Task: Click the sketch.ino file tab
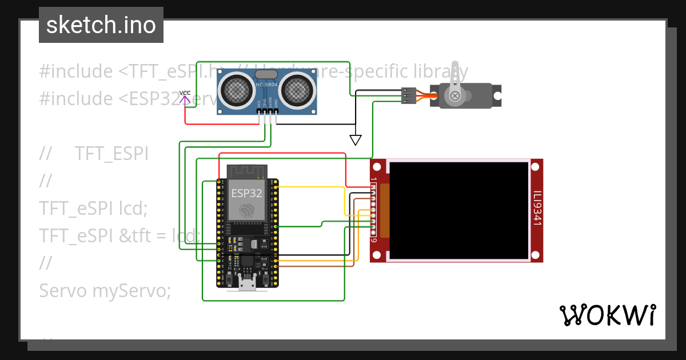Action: (x=101, y=25)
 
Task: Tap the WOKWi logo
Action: (x=607, y=315)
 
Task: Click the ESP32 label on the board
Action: (x=247, y=193)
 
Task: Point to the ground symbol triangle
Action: (x=356, y=140)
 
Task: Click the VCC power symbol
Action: (x=185, y=97)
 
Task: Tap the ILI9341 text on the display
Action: (x=537, y=209)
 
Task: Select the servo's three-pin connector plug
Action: (x=408, y=95)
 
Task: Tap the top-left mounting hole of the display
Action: (x=377, y=167)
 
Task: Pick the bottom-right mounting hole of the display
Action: (x=535, y=254)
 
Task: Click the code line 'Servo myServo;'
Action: (x=105, y=290)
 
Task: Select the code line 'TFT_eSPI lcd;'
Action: (x=93, y=209)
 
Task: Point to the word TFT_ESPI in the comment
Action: (x=111, y=154)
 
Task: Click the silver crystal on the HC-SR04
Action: (x=266, y=74)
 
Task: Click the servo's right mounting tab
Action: (x=497, y=95)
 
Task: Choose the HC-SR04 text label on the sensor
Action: (x=267, y=85)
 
